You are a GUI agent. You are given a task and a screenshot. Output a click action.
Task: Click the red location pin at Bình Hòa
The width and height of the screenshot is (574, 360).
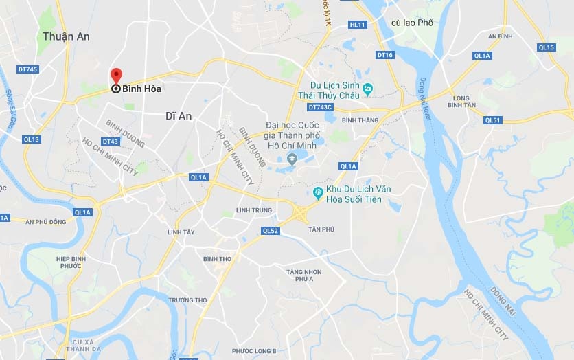pyautogui.click(x=116, y=76)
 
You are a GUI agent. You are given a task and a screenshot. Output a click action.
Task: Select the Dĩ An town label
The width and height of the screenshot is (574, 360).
pyautogui.click(x=179, y=116)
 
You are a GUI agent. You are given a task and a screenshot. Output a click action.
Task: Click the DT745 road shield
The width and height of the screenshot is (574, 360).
pyautogui.click(x=28, y=69)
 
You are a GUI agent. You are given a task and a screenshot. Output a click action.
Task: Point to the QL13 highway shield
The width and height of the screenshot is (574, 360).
pyautogui.click(x=32, y=139)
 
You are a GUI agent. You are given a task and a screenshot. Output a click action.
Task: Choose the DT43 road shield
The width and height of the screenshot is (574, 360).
pyautogui.click(x=111, y=142)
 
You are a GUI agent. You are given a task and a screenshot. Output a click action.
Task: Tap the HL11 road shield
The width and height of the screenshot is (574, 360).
pyautogui.click(x=358, y=24)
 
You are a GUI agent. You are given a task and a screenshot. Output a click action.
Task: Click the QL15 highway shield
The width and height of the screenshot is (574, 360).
pyautogui.click(x=547, y=47)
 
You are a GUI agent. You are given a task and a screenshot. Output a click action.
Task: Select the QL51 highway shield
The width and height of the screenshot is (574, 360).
pyautogui.click(x=492, y=120)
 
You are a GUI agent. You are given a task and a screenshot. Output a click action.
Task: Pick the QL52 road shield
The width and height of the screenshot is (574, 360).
pyautogui.click(x=271, y=231)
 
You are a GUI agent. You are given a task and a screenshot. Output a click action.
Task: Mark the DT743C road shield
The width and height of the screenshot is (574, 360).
pyautogui.click(x=320, y=107)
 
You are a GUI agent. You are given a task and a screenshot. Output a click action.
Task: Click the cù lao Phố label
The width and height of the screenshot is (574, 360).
pyautogui.click(x=412, y=23)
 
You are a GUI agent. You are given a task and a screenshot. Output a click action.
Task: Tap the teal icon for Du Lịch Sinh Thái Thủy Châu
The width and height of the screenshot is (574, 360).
pyautogui.click(x=367, y=88)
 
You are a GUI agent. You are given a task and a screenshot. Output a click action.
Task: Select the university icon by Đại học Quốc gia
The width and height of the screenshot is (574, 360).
pyautogui.click(x=292, y=160)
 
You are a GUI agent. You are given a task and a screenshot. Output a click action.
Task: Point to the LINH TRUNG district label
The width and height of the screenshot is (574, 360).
pyautogui.click(x=254, y=210)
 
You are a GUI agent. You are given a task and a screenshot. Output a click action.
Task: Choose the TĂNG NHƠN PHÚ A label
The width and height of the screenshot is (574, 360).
pyautogui.click(x=304, y=275)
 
